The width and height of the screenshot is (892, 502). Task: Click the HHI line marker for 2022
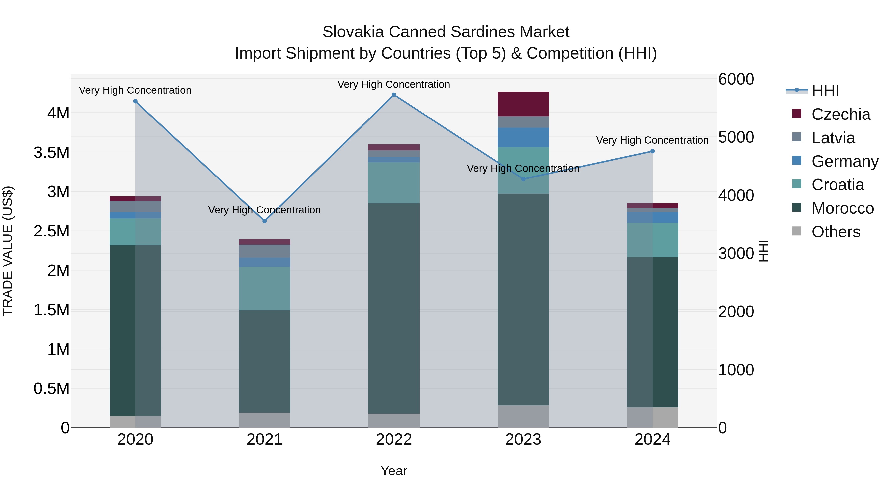coord(394,95)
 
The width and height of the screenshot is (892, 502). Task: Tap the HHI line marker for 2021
coord(265,221)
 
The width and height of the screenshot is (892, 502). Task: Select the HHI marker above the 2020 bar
coord(135,101)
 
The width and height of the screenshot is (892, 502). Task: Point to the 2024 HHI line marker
coord(652,151)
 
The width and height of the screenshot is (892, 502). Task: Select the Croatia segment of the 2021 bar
coord(265,289)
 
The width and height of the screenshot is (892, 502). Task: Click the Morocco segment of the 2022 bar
coord(394,308)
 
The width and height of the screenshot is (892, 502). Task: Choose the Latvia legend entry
coord(833,138)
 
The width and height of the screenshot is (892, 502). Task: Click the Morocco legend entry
coord(842,208)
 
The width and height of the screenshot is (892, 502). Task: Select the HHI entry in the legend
coord(825,91)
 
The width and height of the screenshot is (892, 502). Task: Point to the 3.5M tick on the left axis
coord(51,152)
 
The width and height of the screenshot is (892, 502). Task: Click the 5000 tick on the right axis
coord(736,137)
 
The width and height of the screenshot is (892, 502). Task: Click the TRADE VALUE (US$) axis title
coord(8,251)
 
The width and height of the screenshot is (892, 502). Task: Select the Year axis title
coord(394,471)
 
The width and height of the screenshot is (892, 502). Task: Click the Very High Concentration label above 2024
coord(652,140)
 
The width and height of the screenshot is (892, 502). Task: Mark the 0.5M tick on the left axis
coord(51,389)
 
